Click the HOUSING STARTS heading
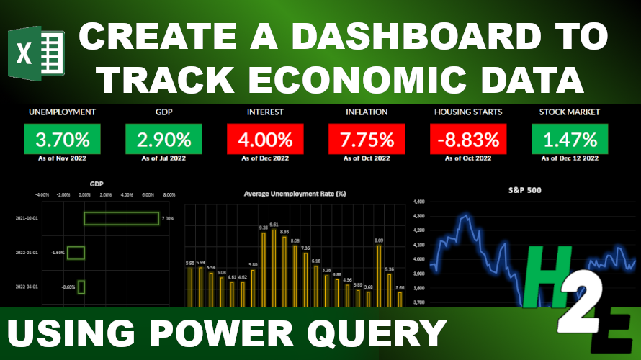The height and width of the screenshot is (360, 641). click(x=468, y=112)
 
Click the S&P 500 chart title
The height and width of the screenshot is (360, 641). click(x=524, y=191)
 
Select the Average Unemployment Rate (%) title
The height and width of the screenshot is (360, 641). click(x=295, y=194)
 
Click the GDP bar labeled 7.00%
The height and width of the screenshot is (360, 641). click(x=121, y=217)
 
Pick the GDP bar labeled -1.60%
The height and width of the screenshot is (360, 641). click(x=76, y=253)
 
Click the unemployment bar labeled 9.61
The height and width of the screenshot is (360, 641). click(x=274, y=266)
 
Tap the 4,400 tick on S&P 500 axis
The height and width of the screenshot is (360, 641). click(x=418, y=203)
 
